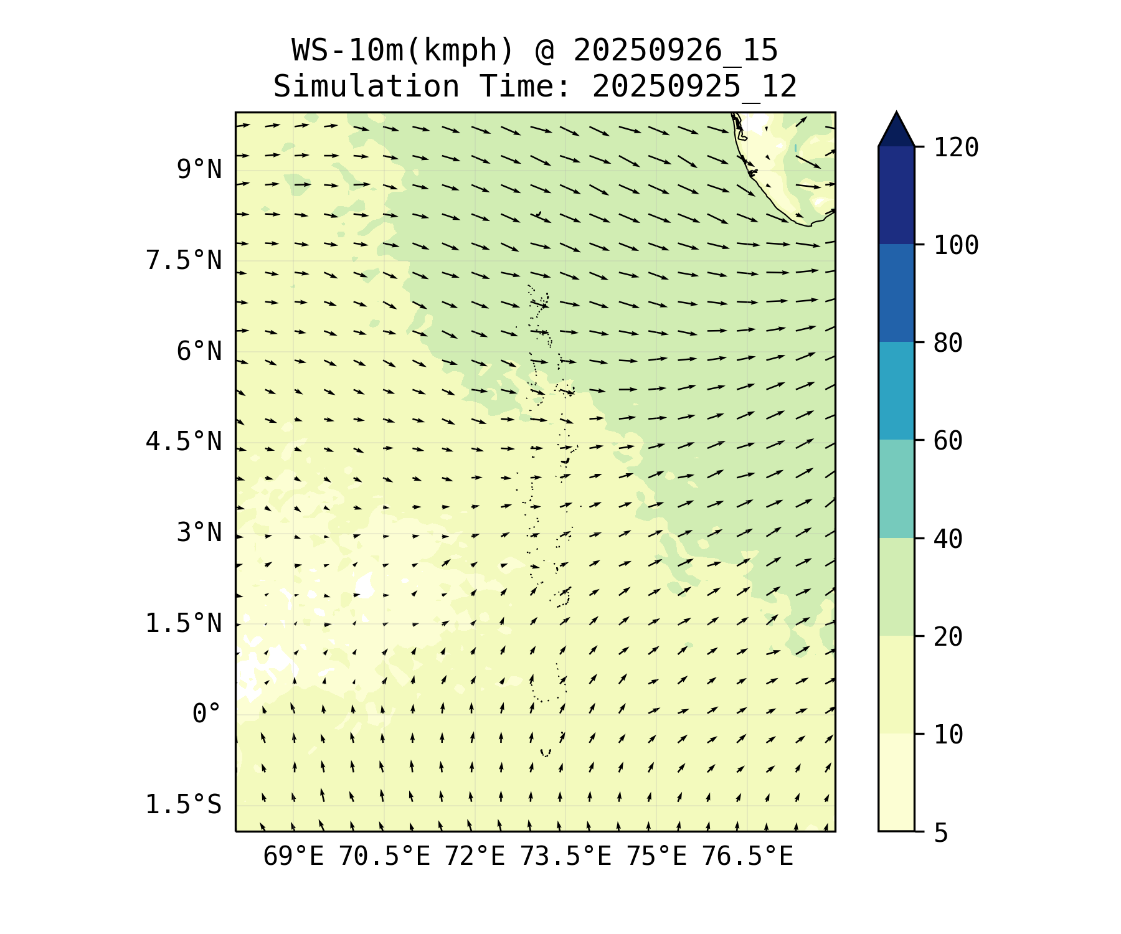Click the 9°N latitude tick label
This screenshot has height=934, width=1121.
pyautogui.click(x=199, y=169)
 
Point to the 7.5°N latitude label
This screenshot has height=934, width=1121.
pyautogui.click(x=184, y=260)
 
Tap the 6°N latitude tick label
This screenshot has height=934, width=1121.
pyautogui.click(x=199, y=351)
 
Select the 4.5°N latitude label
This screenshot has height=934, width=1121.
pyautogui.click(x=184, y=442)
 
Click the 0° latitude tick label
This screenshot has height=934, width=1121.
pyautogui.click(x=207, y=714)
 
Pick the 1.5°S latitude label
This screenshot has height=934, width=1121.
pyautogui.click(x=184, y=804)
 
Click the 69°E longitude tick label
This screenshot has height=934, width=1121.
pyautogui.click(x=293, y=857)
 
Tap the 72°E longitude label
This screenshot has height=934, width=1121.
pyautogui.click(x=475, y=857)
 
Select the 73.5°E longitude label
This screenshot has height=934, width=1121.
pyautogui.click(x=565, y=857)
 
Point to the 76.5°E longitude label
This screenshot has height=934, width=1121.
pyautogui.click(x=747, y=857)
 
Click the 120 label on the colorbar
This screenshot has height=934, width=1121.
pyautogui.click(x=956, y=148)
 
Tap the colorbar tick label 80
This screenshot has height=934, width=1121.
pyautogui.click(x=948, y=343)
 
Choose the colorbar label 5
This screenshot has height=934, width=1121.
pyautogui.click(x=940, y=833)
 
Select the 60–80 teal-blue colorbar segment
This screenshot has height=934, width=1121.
pyautogui.click(x=896, y=391)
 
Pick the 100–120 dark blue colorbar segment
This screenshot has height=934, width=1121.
pyautogui.click(x=896, y=196)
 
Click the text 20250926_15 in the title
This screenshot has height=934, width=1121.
pyautogui.click(x=676, y=51)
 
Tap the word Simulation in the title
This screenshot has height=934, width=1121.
pyautogui.click(x=366, y=87)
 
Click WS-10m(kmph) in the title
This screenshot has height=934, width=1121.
pyautogui.click(x=403, y=51)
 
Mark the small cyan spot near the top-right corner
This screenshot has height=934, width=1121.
pyautogui.click(x=795, y=148)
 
